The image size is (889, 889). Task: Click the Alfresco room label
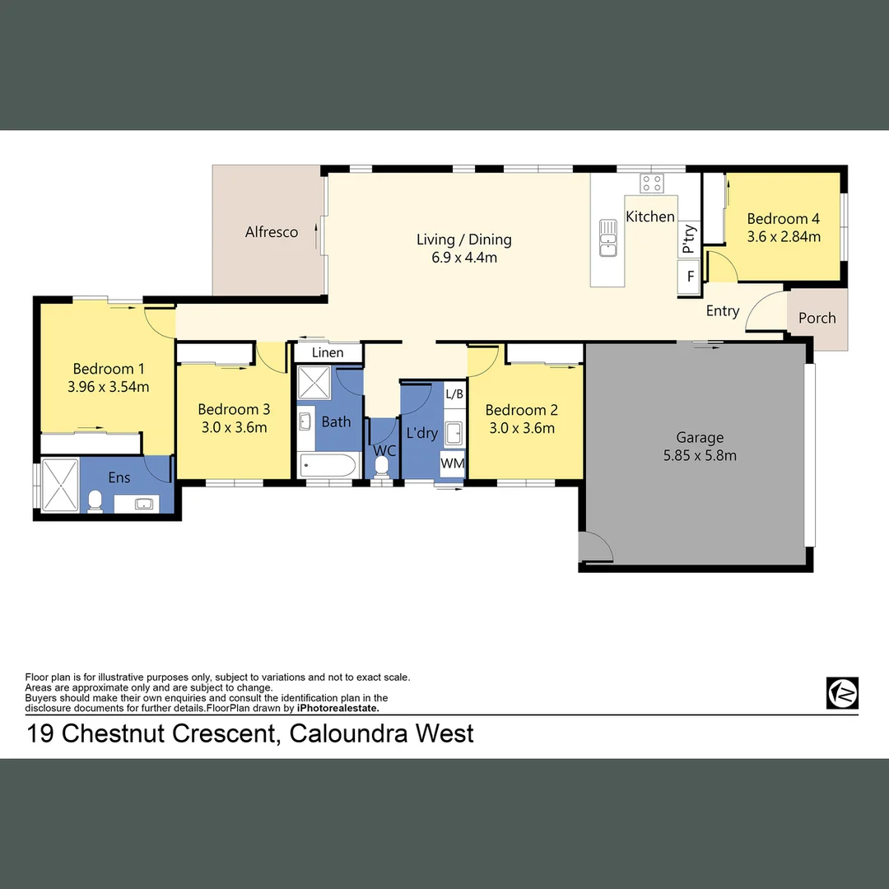click(x=272, y=232)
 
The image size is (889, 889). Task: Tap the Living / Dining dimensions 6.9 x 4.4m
click(x=463, y=258)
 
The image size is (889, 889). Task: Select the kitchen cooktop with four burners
click(x=652, y=184)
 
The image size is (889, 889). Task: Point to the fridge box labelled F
click(x=690, y=277)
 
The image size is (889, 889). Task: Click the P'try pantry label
click(x=689, y=240)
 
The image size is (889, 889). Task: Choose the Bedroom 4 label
click(x=783, y=219)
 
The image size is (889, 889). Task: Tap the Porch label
click(x=817, y=318)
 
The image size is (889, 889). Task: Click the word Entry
click(x=723, y=311)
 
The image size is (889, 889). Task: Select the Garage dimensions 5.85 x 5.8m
click(x=700, y=455)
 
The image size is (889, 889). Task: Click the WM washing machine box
click(x=453, y=463)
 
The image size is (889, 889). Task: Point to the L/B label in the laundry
click(x=454, y=393)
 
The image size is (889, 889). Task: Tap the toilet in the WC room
click(x=381, y=467)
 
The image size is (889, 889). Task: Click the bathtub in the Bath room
click(x=328, y=465)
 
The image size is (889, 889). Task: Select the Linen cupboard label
click(x=328, y=353)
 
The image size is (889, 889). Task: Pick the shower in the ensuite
click(x=59, y=486)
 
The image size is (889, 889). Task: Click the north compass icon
click(x=842, y=693)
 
